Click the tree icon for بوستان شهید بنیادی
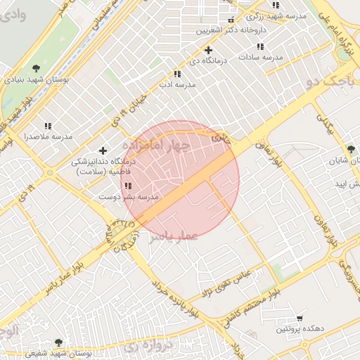35,70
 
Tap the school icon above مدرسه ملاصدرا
48,125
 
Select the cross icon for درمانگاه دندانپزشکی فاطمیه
103,150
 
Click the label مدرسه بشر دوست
129,198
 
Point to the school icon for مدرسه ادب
177,74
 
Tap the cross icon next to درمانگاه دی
208,50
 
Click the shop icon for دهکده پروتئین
300,319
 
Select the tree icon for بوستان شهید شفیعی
58,343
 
